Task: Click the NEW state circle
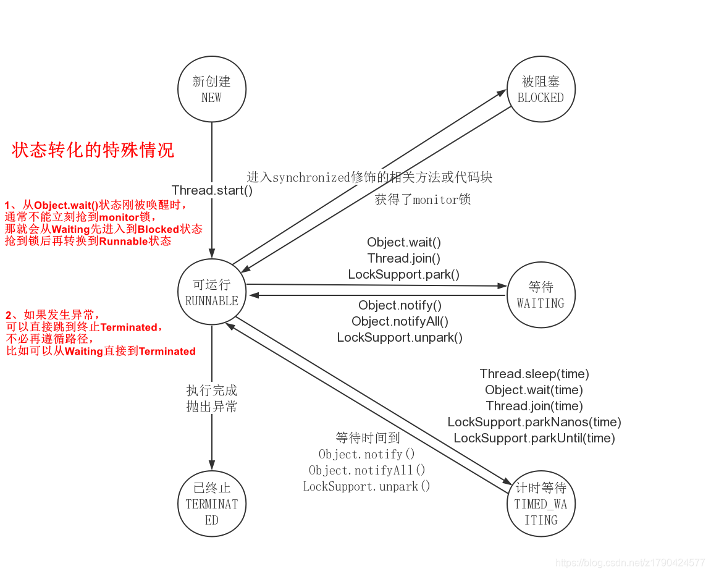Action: coord(211,90)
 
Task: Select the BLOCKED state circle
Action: coord(541,90)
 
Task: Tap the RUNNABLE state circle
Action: coord(211,293)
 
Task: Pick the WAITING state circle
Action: coord(541,295)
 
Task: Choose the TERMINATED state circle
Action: coord(211,504)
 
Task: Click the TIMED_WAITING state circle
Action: coord(541,504)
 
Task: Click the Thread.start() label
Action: coord(212,190)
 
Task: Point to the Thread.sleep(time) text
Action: coord(534,374)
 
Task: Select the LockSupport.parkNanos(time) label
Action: coord(534,422)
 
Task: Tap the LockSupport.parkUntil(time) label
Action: coord(534,438)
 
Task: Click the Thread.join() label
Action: coord(404,258)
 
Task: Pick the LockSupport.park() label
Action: coord(404,274)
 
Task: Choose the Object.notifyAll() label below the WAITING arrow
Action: coord(400,321)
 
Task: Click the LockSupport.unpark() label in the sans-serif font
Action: coord(400,337)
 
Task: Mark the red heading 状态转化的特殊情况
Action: coord(93,150)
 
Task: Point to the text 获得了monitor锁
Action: coord(423,200)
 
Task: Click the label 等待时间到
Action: coord(368,438)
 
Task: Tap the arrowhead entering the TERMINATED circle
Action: coord(212,465)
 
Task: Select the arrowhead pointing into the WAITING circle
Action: coord(502,286)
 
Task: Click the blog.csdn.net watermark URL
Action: coord(630,563)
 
